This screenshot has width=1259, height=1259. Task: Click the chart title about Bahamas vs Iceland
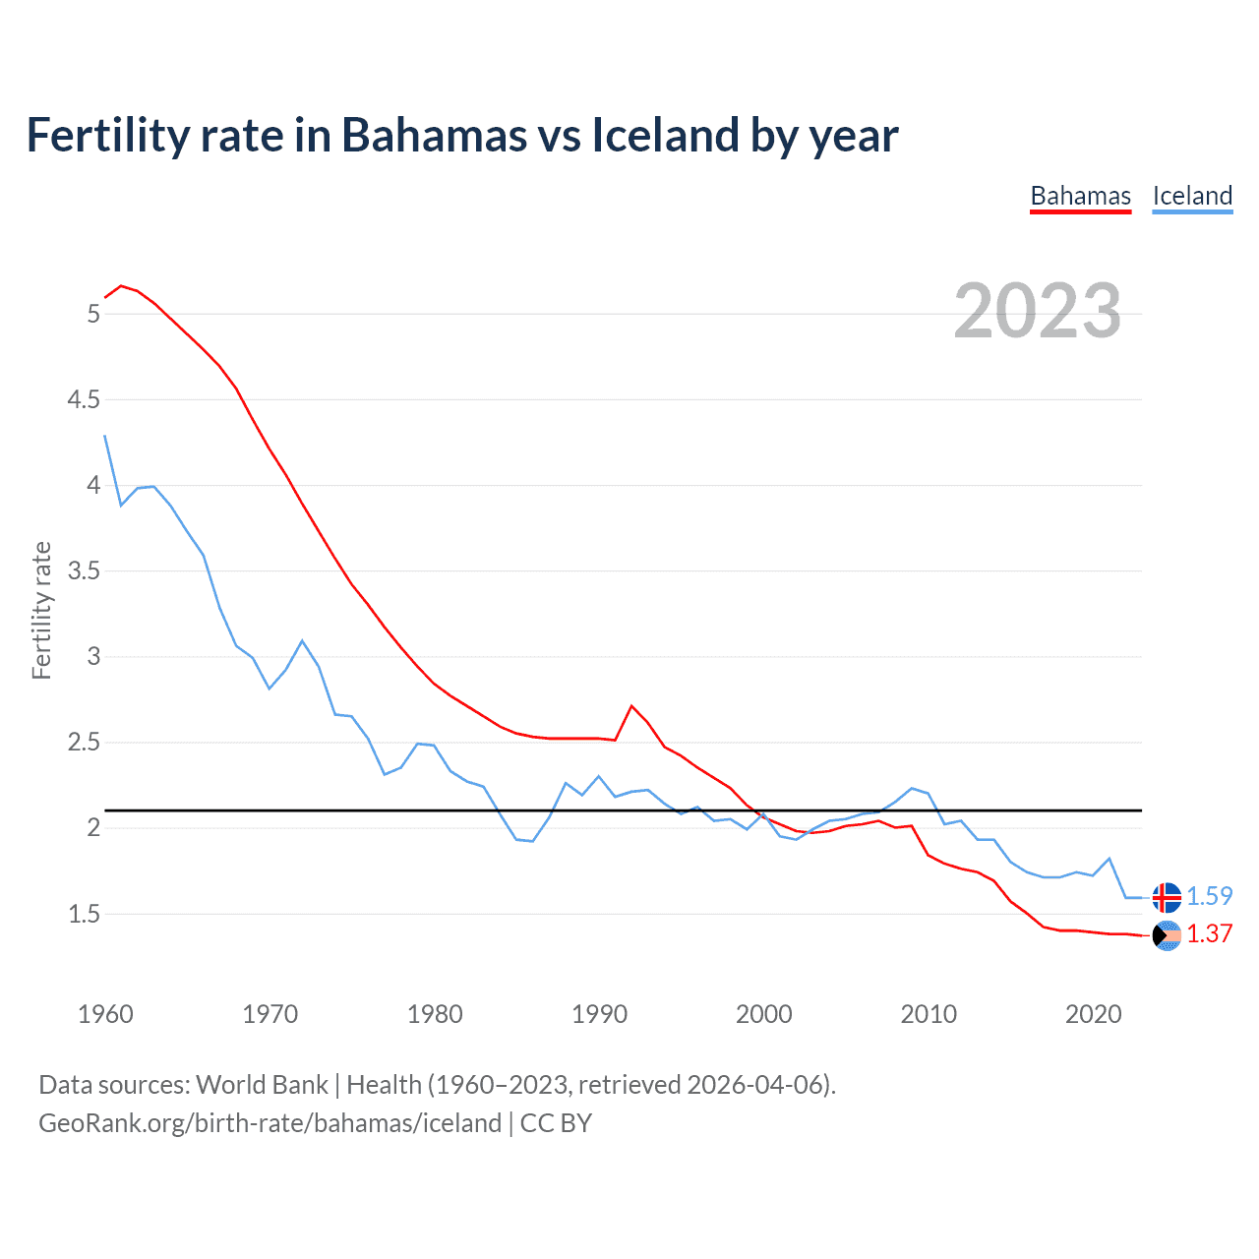coord(462,135)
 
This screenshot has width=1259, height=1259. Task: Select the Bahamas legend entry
coord(1080,196)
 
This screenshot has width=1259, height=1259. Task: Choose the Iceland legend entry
coord(1192,196)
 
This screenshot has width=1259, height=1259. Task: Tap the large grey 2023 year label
coord(1037,311)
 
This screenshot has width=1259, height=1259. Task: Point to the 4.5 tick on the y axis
coord(84,399)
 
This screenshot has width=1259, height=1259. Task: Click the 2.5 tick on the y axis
coord(84,742)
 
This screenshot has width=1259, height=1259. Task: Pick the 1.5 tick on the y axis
coord(84,914)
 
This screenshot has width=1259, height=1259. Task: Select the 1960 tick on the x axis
coord(105,1014)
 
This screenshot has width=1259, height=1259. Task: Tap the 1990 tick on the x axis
coord(599,1014)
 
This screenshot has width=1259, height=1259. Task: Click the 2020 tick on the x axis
coord(1093,1014)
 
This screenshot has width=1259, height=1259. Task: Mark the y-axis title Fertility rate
coord(41,610)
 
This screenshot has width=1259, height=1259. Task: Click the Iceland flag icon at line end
coord(1167,897)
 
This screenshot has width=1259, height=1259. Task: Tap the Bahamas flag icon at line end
coord(1167,935)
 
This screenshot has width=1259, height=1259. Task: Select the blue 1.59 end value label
coord(1209,896)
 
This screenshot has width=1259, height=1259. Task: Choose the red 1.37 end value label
coord(1209,933)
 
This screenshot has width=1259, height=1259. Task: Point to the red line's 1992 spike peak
coord(631,705)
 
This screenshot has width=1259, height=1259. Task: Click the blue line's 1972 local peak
coord(302,640)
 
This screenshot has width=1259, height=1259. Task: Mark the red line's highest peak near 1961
coord(121,285)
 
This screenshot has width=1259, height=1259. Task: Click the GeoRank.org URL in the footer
coord(270,1122)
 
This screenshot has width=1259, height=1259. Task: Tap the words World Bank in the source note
coord(262,1084)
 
